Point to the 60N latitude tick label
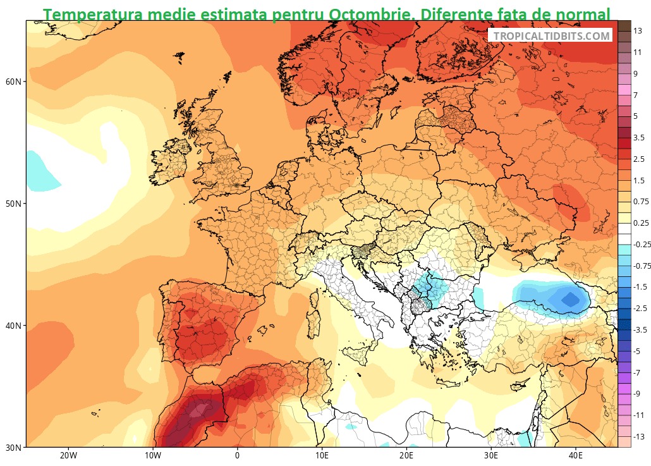click(x=14, y=82)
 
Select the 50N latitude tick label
click(x=14, y=204)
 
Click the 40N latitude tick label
click(x=14, y=326)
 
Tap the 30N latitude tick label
click(x=14, y=448)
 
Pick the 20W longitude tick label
click(x=68, y=457)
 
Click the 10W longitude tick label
click(x=152, y=457)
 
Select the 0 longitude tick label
click(x=237, y=457)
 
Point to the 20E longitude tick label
click(x=406, y=457)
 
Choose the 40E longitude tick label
click(x=576, y=457)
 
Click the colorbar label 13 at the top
click(x=638, y=29)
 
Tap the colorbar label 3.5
click(x=640, y=137)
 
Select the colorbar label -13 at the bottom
click(x=640, y=437)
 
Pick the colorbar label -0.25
click(x=641, y=244)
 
